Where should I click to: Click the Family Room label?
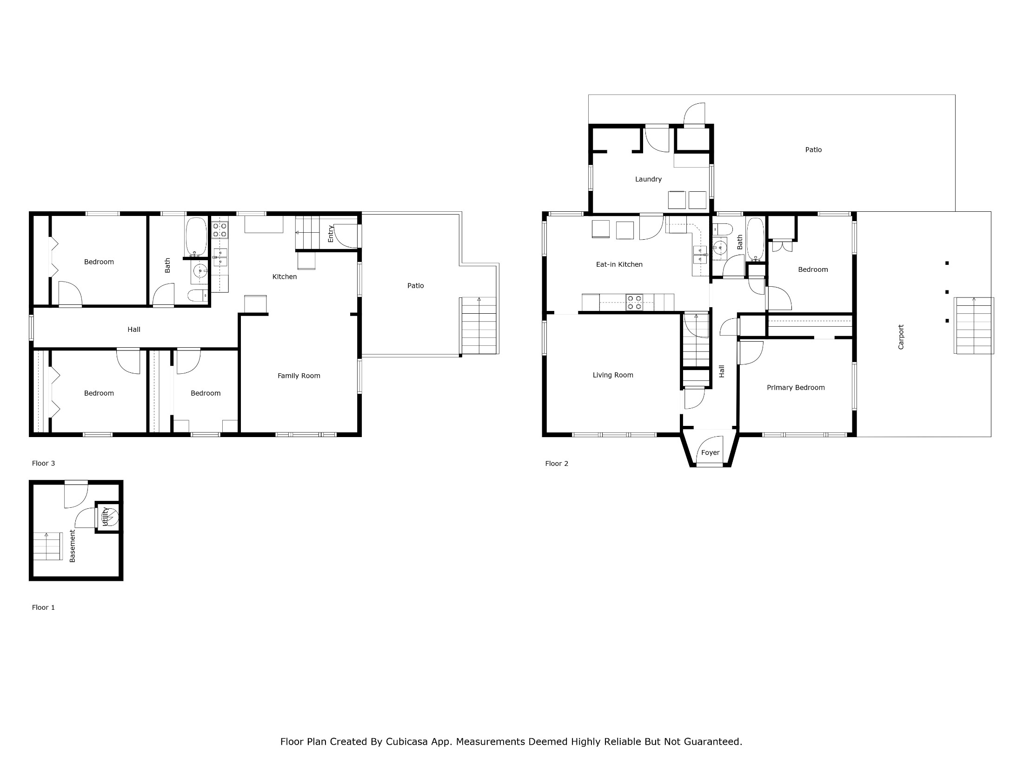pyautogui.click(x=299, y=376)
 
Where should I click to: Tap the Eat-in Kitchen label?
pyautogui.click(x=619, y=264)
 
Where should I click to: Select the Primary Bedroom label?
pyautogui.click(x=796, y=387)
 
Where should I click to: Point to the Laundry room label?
pyautogui.click(x=648, y=179)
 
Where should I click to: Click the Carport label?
pyautogui.click(x=901, y=337)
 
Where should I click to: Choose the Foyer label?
pyautogui.click(x=710, y=452)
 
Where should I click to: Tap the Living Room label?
pyautogui.click(x=612, y=375)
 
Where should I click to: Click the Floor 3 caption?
pyautogui.click(x=43, y=463)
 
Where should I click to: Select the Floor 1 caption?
pyautogui.click(x=43, y=607)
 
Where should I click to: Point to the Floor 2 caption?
pyautogui.click(x=557, y=464)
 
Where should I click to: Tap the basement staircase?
pyautogui.click(x=47, y=546)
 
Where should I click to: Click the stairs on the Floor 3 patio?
pyautogui.click(x=479, y=326)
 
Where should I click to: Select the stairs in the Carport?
pyautogui.click(x=974, y=325)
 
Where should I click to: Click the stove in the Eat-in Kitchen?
pyautogui.click(x=634, y=303)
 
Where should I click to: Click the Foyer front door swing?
pyautogui.click(x=710, y=450)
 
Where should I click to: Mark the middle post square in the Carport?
pyautogui.click(x=947, y=292)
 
